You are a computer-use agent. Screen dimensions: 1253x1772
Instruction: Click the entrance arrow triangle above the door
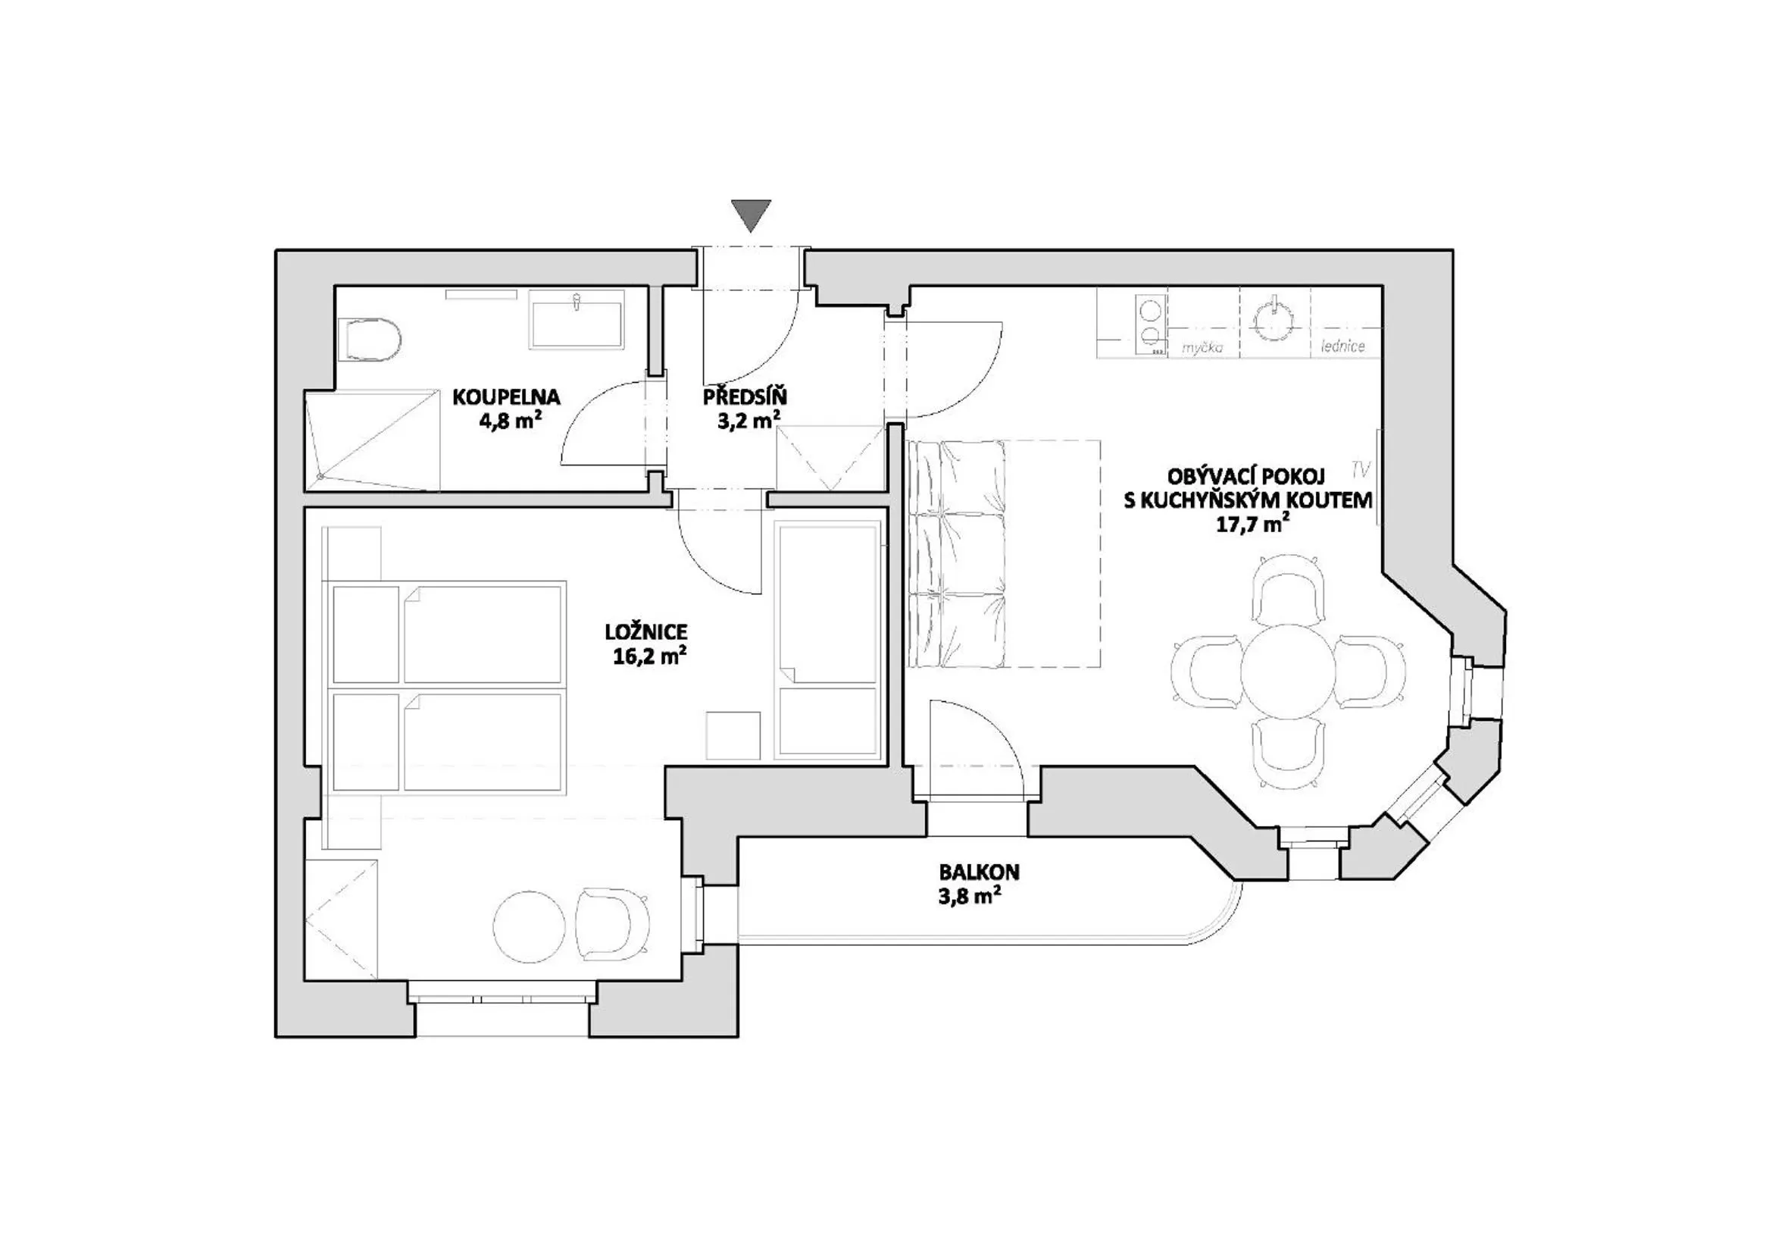point(751,215)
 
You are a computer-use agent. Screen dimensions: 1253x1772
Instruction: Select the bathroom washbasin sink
point(576,324)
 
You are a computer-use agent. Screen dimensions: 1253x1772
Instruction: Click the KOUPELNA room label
point(506,398)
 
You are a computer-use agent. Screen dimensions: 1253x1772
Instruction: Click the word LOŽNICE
point(646,632)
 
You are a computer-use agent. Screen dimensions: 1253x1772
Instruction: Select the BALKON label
point(979,872)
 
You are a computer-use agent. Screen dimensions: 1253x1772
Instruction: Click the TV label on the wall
point(1361,468)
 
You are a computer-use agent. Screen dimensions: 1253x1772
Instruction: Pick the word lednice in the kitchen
point(1343,346)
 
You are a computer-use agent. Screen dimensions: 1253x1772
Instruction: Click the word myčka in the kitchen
point(1202,348)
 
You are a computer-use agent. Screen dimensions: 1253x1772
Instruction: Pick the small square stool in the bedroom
point(733,736)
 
